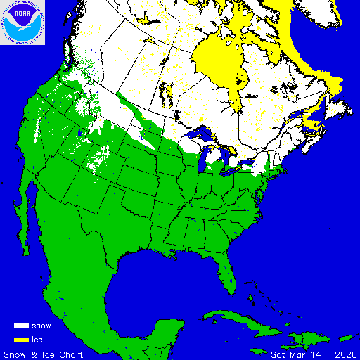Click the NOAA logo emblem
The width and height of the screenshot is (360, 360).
(x=22, y=22)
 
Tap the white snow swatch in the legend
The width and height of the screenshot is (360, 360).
(x=22, y=326)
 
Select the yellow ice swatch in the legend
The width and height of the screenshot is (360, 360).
(x=22, y=339)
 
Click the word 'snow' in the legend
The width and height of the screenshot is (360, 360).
(x=41, y=326)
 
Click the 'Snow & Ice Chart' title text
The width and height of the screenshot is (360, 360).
(x=44, y=354)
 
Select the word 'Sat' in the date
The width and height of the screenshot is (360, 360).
(x=279, y=354)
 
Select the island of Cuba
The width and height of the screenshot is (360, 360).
(x=232, y=320)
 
